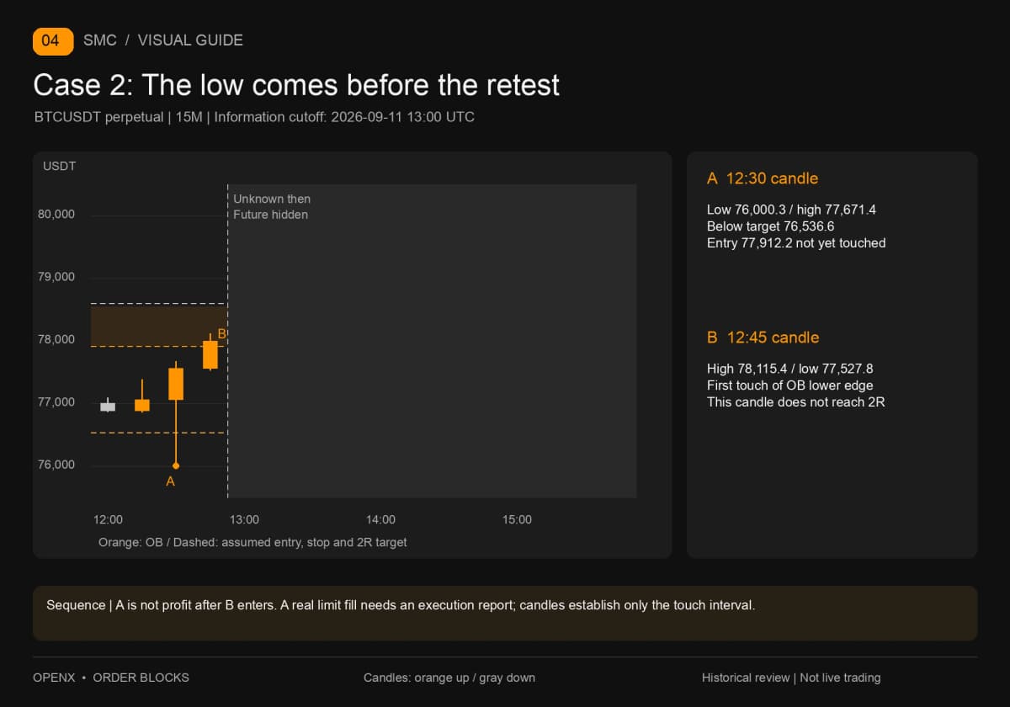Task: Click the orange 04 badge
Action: click(x=53, y=41)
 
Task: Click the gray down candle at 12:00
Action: click(x=108, y=407)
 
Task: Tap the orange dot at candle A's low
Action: click(x=176, y=465)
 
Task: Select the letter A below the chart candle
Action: click(x=170, y=481)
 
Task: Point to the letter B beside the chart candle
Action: click(x=221, y=333)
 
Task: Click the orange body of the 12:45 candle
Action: click(x=210, y=355)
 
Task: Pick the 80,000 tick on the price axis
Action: click(x=56, y=214)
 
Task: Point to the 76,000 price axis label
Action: click(x=56, y=465)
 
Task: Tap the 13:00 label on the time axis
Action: click(x=244, y=519)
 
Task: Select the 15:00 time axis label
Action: click(x=517, y=519)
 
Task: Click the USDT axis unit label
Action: click(x=59, y=166)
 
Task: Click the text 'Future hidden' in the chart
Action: click(x=270, y=215)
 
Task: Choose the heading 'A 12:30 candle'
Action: click(x=763, y=178)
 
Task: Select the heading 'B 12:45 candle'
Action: click(x=763, y=338)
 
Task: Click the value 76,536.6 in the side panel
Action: click(x=807, y=226)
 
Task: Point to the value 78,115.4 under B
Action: click(x=762, y=369)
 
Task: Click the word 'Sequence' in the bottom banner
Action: click(x=76, y=605)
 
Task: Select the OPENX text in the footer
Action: click(x=54, y=678)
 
